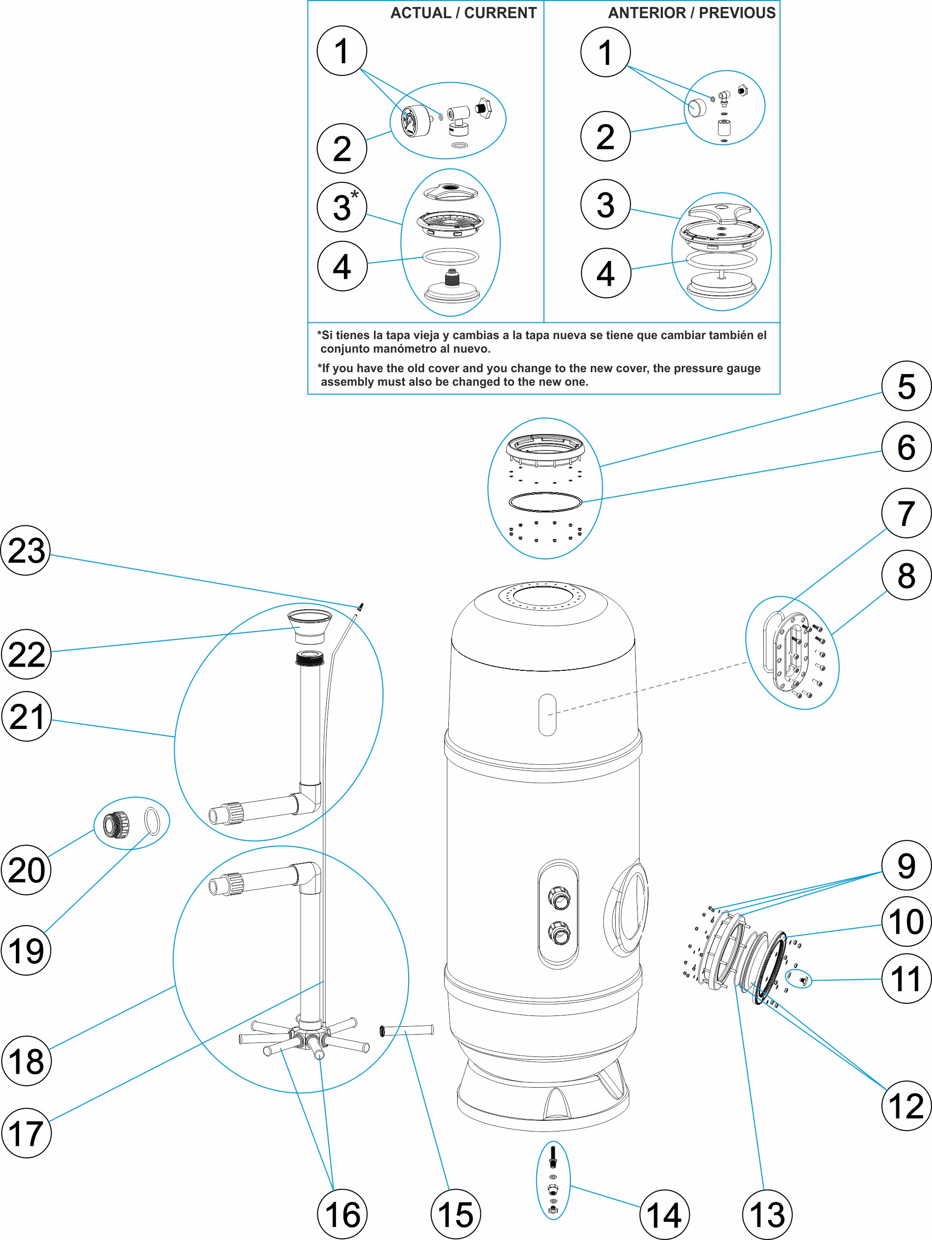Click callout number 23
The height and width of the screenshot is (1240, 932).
click(26, 550)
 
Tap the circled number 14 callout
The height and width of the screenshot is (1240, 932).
click(664, 1214)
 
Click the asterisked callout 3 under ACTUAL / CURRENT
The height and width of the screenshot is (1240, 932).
click(342, 207)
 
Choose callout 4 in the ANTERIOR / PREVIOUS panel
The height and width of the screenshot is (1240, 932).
click(605, 273)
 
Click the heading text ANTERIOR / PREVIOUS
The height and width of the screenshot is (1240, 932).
click(692, 13)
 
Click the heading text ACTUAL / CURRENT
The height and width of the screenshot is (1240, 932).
click(463, 13)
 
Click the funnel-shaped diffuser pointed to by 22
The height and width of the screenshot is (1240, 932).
click(309, 625)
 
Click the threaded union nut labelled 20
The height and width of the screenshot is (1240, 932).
click(116, 824)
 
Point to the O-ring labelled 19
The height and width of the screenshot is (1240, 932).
click(152, 821)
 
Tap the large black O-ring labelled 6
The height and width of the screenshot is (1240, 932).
click(545, 502)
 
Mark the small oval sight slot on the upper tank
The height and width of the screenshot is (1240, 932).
click(547, 714)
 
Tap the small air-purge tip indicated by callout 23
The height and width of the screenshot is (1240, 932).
click(361, 606)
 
